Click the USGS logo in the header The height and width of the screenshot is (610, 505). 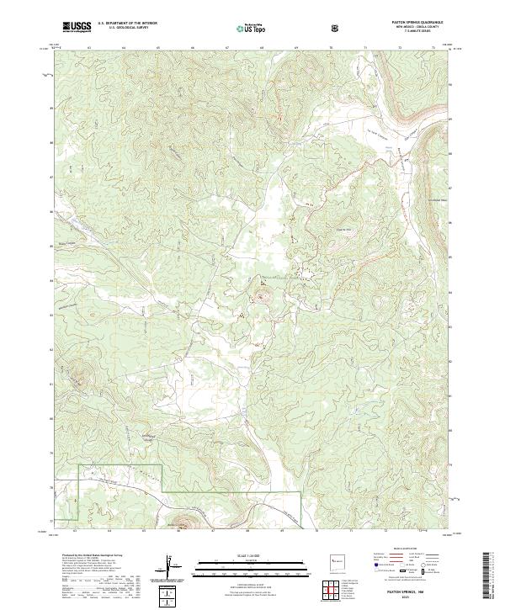[x=77, y=27]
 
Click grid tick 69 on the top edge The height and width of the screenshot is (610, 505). [x=296, y=48]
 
